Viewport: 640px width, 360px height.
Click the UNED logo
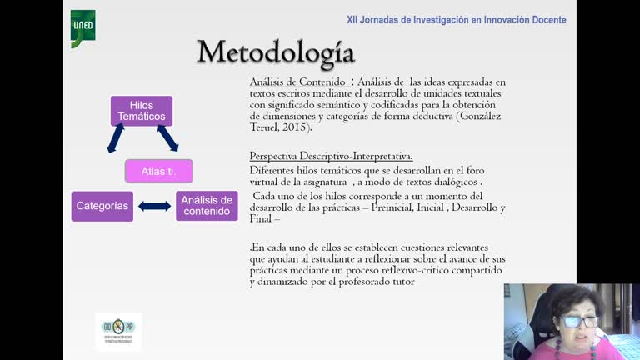click(82, 27)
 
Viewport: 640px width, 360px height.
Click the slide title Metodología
click(276, 52)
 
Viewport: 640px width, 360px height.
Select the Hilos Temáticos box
click(142, 111)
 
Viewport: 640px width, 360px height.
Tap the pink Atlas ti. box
click(158, 171)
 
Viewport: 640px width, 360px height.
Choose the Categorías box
click(102, 206)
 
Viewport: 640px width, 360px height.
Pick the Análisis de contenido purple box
click(207, 206)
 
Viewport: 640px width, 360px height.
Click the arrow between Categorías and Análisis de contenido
click(154, 206)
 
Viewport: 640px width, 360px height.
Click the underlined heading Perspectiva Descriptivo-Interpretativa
click(331, 157)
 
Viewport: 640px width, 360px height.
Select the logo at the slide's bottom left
click(118, 331)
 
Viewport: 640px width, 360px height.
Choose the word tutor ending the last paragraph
click(399, 282)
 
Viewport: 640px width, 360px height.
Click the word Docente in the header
click(546, 20)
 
